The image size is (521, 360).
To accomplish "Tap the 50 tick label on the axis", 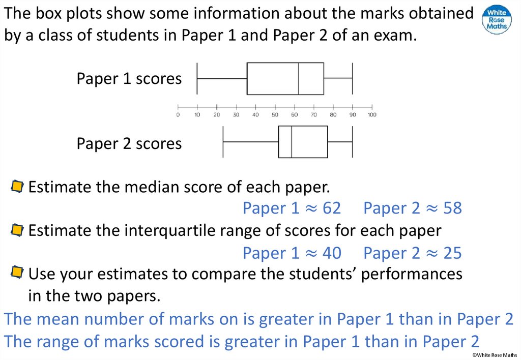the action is pos(275,114).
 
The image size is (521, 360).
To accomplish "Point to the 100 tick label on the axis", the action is pos(372,114).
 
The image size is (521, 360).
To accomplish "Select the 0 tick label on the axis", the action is pos(178,114).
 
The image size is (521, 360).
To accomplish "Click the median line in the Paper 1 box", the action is pos(299,78).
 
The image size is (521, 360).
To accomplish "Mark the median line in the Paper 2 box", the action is pos(292,141).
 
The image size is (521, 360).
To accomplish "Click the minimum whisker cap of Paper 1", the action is pos(197,78).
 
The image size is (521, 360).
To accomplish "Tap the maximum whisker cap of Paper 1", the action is pos(353,78).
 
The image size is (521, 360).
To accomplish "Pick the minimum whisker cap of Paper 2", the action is pos(223,141).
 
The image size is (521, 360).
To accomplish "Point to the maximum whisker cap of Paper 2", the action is pos(353,141).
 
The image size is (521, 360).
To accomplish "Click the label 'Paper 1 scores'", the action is pos(129,79).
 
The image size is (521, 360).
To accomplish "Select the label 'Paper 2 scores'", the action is pos(129,143).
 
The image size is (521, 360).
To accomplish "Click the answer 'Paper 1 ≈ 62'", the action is pos(292,208).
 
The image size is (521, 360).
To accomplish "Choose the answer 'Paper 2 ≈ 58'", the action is pos(413,208).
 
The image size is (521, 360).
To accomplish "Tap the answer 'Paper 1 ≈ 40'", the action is pos(292,253).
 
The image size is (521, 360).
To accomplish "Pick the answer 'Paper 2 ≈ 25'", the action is pos(413,253).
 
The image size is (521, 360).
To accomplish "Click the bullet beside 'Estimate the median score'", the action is pos(17,187).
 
